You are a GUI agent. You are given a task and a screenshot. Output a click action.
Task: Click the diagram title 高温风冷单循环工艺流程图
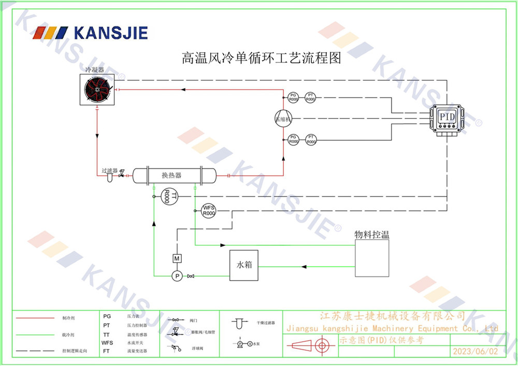coord(261,57)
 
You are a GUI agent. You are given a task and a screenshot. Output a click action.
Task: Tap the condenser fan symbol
coord(98,90)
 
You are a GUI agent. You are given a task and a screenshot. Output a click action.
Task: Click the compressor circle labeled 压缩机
coord(283,118)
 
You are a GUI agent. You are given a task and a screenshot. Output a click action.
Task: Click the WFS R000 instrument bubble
coord(209,211)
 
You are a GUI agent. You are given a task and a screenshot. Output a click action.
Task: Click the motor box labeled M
coord(177,258)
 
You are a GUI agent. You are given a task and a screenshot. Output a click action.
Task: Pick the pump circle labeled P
coord(177,276)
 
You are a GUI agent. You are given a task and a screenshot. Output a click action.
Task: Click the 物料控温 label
coord(371,235)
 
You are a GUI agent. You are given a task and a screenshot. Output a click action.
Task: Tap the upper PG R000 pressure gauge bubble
coord(293,97)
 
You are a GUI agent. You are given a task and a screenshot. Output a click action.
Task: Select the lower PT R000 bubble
coord(310,139)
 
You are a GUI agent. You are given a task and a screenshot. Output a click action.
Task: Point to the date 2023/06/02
coord(475,352)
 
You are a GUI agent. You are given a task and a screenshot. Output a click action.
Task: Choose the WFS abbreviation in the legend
coord(107,343)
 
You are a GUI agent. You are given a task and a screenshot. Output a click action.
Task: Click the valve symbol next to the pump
coord(191,276)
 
